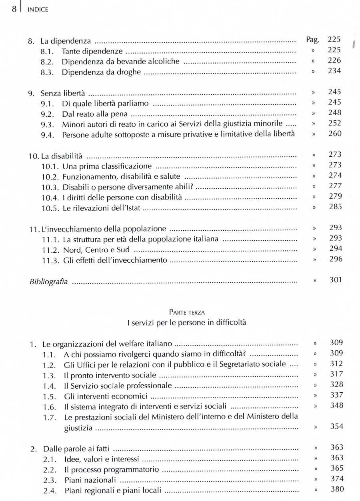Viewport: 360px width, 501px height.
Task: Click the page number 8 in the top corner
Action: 14,9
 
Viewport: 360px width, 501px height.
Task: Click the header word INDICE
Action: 38,10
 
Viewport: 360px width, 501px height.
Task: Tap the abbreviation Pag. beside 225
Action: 312,40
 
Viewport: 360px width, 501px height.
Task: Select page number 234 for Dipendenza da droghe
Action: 334,71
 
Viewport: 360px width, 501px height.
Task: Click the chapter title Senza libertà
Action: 63,94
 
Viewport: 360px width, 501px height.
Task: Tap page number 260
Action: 334,133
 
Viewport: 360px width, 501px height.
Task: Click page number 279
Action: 334,196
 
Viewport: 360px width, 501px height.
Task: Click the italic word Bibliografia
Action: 48,282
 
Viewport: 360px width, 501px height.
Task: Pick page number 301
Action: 336,279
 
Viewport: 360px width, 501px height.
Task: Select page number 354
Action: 336,426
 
